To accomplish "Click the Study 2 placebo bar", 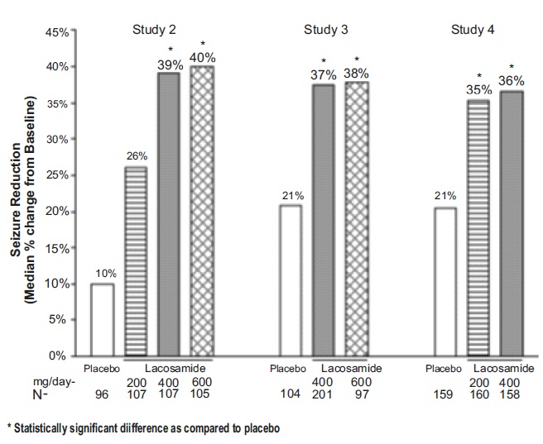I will (x=102, y=319).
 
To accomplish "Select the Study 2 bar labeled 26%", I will (x=135, y=261).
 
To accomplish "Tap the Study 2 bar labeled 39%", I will (x=169, y=214).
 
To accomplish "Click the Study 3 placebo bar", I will (x=290, y=280).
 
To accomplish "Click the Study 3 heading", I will (x=324, y=31).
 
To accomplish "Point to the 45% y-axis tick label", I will (x=57, y=31).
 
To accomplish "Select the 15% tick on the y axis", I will (x=57, y=247).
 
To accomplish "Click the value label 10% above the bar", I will (x=102, y=273).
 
